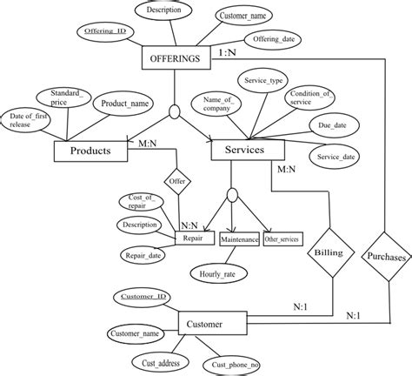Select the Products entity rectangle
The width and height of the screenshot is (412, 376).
tap(90, 150)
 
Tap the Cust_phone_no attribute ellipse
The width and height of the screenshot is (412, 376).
tap(236, 364)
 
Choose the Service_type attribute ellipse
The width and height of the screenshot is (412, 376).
tap(267, 80)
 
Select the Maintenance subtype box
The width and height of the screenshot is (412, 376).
tap(238, 238)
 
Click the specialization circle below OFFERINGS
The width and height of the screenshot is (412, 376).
tap(176, 111)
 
